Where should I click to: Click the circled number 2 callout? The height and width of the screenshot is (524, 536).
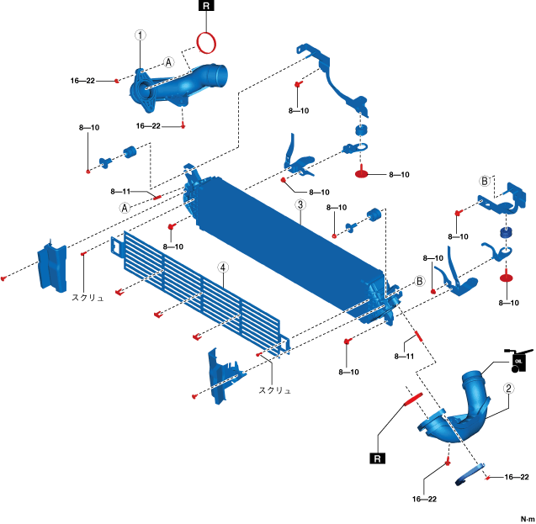[509, 389]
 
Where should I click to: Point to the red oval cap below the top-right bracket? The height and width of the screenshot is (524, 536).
[363, 174]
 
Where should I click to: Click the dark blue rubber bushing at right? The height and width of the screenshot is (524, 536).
[507, 233]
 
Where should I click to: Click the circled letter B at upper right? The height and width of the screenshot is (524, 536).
[485, 181]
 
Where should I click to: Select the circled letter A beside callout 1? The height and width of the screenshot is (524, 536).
[168, 63]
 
